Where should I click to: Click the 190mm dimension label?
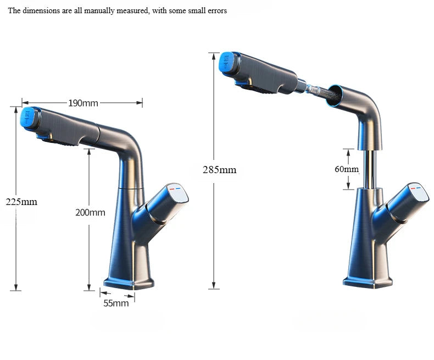pos(83,103)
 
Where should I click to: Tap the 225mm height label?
pos(21,202)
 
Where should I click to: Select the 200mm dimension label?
pos(90,212)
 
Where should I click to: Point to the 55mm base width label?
pos(116,303)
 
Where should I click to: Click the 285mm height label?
pos(219,169)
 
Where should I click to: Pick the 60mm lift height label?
pos(346,169)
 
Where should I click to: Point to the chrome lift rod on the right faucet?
pos(370,169)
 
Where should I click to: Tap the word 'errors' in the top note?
pos(215,11)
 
